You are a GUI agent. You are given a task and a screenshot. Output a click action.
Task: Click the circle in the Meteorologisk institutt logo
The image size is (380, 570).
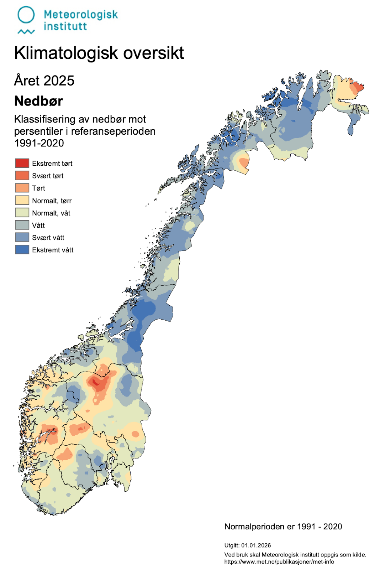(26, 15)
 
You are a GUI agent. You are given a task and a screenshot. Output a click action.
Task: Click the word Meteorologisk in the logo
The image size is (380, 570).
(80, 15)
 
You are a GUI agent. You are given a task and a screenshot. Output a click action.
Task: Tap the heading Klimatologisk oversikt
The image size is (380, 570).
(99, 53)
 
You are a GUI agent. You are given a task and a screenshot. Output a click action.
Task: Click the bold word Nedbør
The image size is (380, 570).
(38, 101)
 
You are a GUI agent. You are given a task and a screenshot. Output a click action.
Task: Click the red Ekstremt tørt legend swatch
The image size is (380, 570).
(22, 163)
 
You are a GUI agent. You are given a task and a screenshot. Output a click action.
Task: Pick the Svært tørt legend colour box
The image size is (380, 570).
(22, 176)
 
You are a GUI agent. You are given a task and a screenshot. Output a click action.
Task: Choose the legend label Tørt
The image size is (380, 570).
(38, 188)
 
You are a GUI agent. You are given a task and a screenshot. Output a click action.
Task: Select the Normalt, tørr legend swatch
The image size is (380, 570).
(22, 200)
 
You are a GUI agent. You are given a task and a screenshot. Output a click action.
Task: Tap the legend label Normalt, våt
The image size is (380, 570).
(51, 213)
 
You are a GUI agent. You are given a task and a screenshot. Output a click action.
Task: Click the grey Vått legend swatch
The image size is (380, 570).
(22, 225)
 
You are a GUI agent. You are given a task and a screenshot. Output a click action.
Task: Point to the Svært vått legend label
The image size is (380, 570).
(48, 238)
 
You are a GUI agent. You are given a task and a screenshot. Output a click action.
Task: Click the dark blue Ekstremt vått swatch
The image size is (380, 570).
(22, 250)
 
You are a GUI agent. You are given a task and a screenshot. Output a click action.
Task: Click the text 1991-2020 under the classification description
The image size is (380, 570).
(39, 143)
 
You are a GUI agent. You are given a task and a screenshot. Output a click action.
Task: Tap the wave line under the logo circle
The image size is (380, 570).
(26, 32)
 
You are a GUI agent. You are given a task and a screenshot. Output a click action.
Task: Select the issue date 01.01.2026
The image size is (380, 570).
(256, 545)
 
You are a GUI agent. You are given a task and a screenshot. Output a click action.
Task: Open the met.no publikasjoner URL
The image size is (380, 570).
(279, 562)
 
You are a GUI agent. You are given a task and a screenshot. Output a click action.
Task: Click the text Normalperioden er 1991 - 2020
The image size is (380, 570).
(283, 527)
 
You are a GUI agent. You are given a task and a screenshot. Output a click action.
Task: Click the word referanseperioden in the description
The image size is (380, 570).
(113, 131)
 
